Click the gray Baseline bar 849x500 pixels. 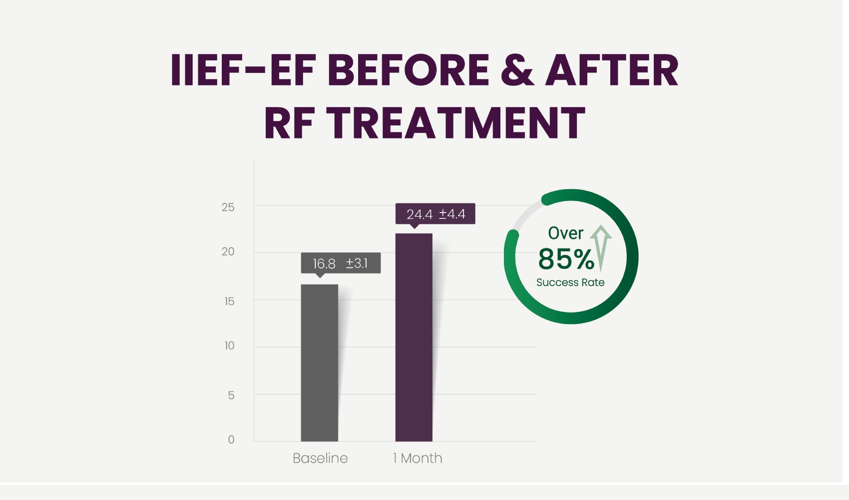[x=319, y=362]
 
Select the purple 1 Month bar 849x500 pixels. [x=414, y=337]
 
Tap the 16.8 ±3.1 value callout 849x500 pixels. [x=341, y=263]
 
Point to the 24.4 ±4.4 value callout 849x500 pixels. [x=435, y=214]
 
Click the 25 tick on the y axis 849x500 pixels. [x=228, y=207]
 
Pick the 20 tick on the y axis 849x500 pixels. [x=228, y=251]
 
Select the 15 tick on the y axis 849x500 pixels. [x=229, y=301]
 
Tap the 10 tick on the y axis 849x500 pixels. [x=229, y=345]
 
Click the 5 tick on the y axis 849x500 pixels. [x=231, y=395]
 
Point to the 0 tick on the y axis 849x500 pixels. [x=231, y=439]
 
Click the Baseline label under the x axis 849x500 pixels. [x=320, y=458]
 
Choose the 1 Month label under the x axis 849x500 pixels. [x=418, y=458]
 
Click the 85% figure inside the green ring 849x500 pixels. [x=566, y=259]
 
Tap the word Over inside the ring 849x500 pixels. [x=565, y=233]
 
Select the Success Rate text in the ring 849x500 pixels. [x=570, y=282]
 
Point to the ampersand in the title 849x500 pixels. [x=517, y=70]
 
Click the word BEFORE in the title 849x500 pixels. [x=408, y=70]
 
